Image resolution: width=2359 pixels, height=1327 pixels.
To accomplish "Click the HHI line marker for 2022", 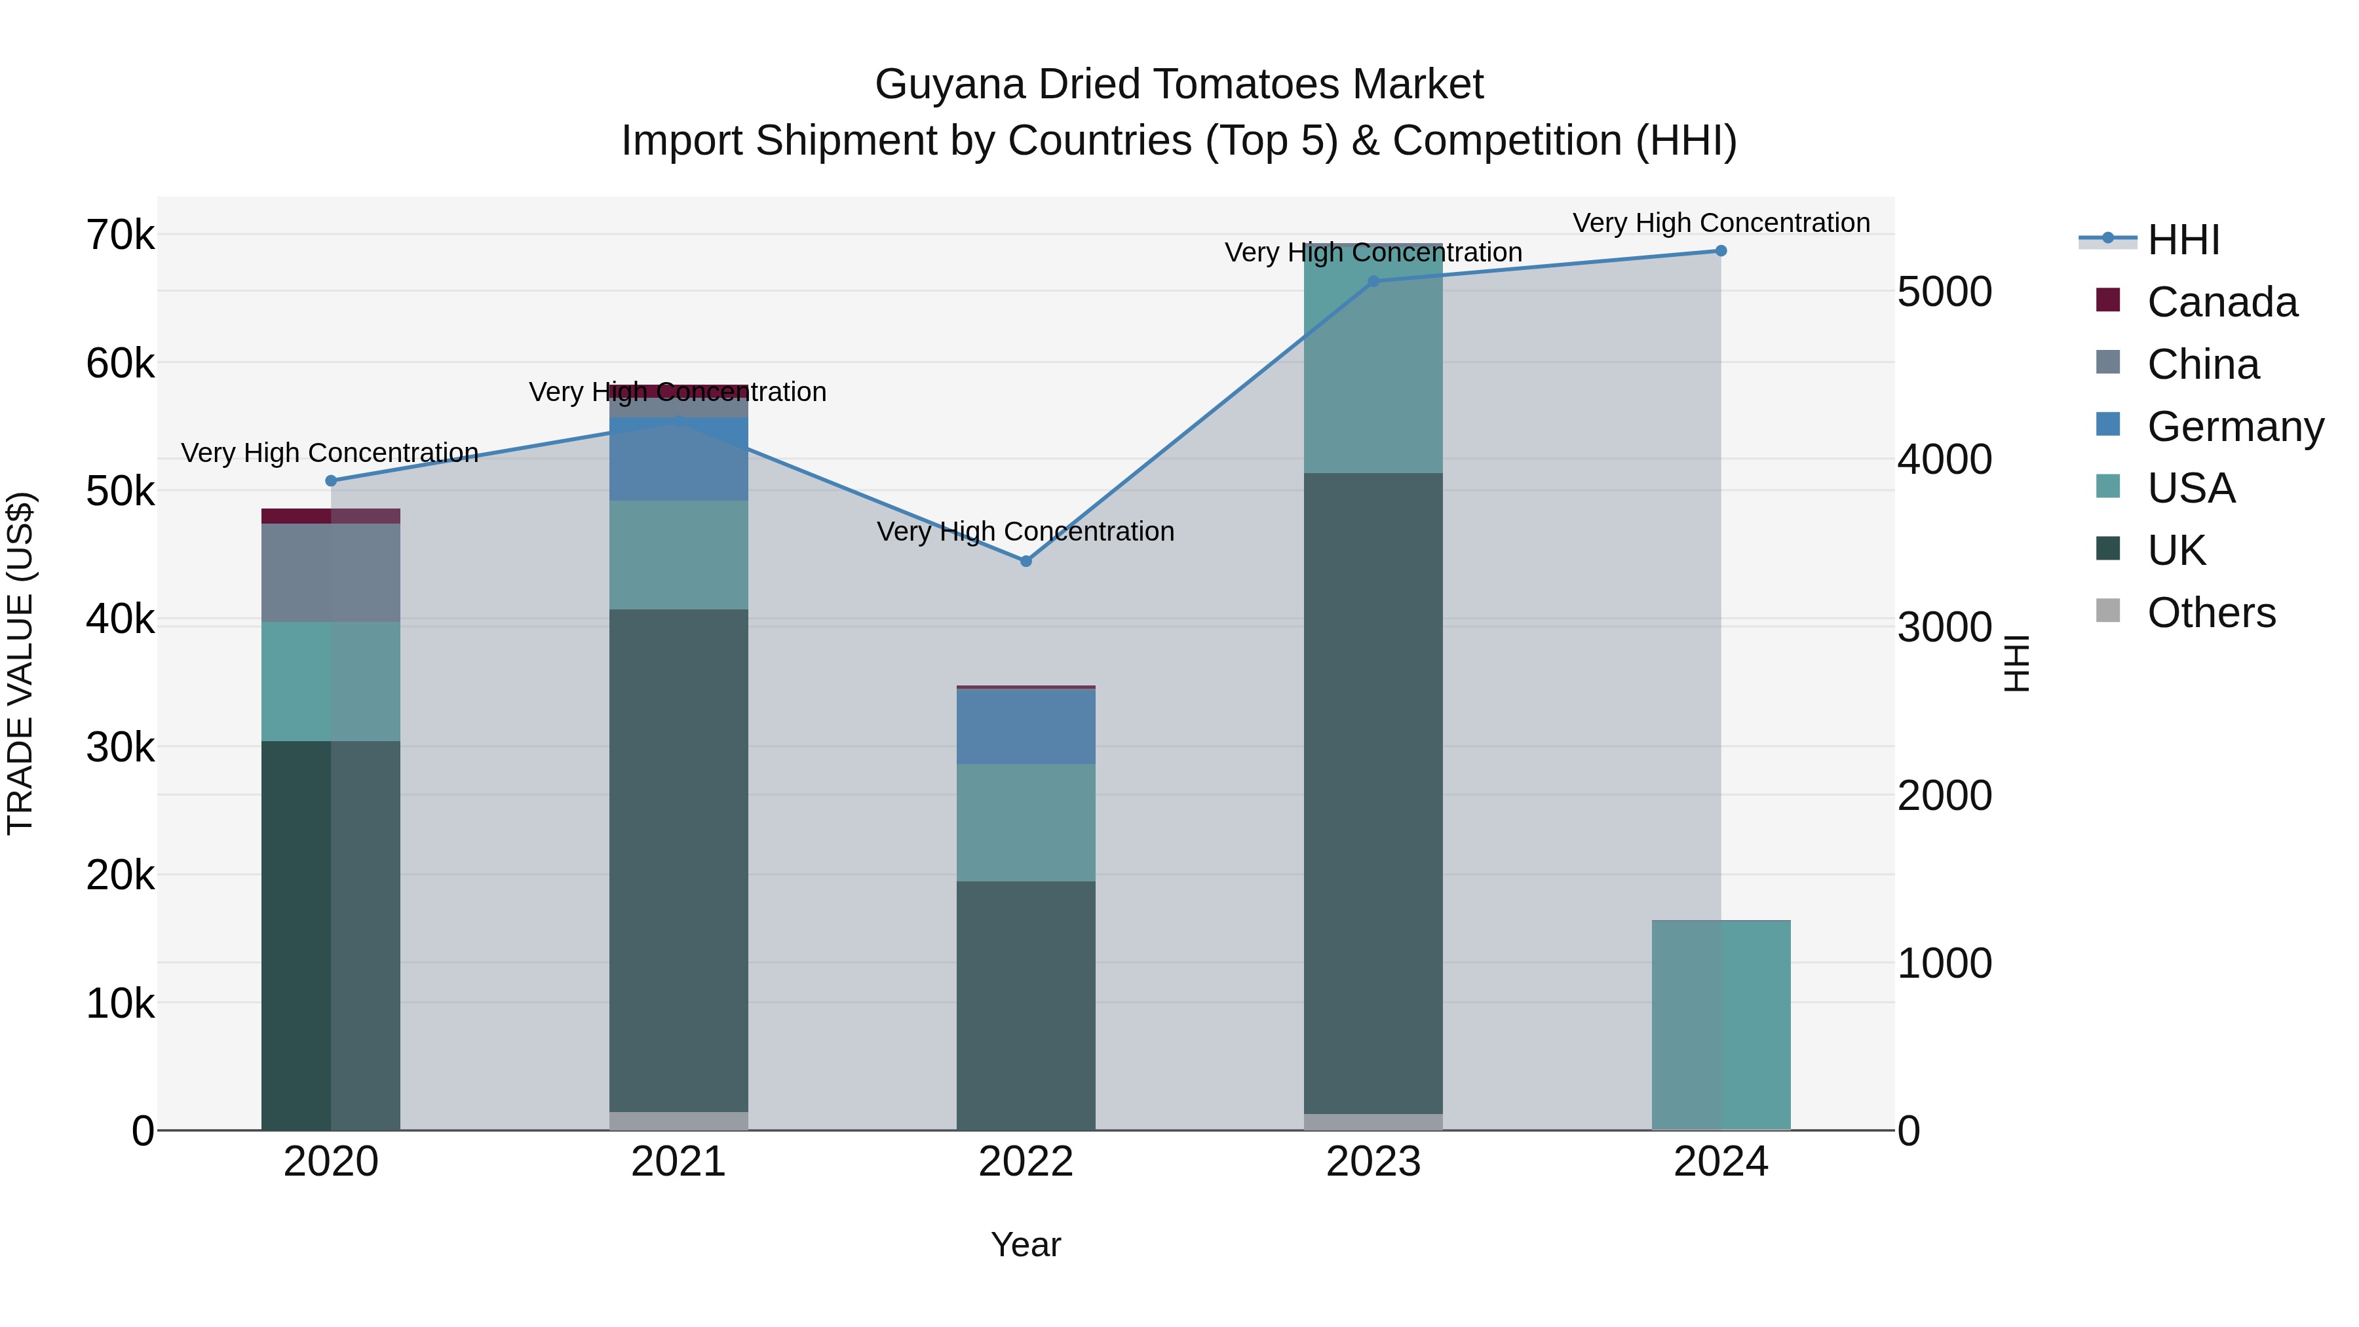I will [1026, 560].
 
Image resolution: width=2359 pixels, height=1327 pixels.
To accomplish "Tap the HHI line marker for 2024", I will [1721, 251].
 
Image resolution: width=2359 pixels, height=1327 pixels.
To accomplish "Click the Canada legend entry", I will [2221, 302].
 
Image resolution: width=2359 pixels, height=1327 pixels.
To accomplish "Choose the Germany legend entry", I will [2234, 427].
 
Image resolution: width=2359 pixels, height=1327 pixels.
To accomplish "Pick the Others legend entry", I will [2211, 613].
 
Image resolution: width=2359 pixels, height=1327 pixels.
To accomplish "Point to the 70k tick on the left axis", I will [120, 235].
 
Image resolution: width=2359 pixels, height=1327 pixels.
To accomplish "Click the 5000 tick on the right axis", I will [1944, 292].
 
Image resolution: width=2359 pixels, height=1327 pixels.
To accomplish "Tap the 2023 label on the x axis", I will [1373, 1162].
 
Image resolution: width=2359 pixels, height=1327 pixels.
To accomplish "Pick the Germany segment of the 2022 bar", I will [1026, 726].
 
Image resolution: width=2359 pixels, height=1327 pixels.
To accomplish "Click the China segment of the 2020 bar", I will [331, 572].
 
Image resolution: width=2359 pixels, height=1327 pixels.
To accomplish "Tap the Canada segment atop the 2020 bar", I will [331, 516].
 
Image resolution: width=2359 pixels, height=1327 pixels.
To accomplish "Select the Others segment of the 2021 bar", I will [679, 1120].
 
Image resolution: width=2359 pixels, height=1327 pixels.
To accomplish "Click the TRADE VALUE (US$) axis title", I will [20, 663].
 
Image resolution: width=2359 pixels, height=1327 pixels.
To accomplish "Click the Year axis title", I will [1026, 1244].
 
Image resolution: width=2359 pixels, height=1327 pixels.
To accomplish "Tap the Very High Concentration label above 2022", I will [1026, 531].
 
